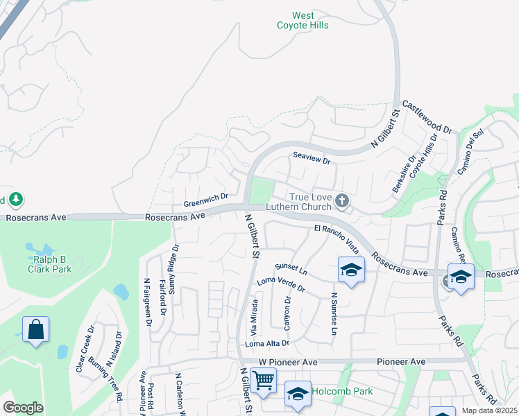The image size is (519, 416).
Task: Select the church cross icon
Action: (x=341, y=201)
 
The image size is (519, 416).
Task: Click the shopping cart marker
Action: (x=263, y=380)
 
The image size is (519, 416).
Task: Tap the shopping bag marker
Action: (x=35, y=330)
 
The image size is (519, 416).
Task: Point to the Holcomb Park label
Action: (x=342, y=391)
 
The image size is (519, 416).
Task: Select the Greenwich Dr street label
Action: (x=206, y=200)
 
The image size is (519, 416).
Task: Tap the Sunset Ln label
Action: (x=290, y=269)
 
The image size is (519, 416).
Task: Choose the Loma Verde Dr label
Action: (x=281, y=284)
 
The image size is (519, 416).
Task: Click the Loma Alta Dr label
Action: (x=266, y=343)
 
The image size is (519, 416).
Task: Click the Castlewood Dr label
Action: (x=427, y=117)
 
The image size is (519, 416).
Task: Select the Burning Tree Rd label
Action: (x=105, y=379)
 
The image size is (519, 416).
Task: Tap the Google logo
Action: (x=23, y=408)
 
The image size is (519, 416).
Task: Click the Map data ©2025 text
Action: (x=490, y=410)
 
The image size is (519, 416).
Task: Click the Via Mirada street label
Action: (x=255, y=315)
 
